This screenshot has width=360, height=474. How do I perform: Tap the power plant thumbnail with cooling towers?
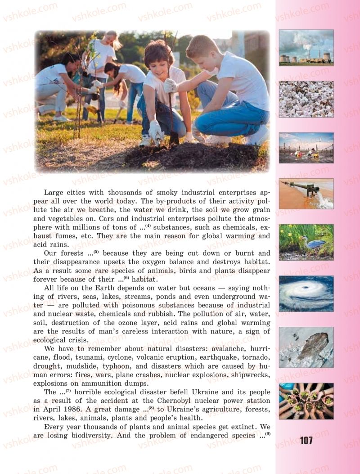(x=306, y=48)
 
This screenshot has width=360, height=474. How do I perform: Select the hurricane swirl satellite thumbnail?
(x=306, y=293)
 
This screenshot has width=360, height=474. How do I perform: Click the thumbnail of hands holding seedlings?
(x=306, y=401)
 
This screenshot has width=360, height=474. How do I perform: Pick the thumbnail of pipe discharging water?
(x=306, y=194)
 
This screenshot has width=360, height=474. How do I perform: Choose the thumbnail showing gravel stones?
(x=306, y=99)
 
